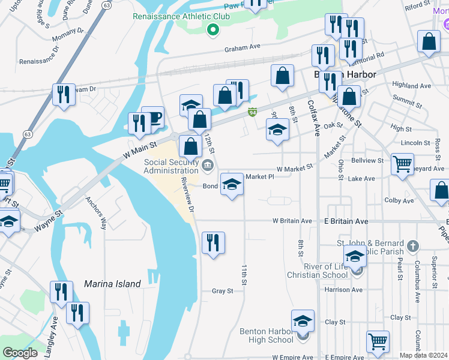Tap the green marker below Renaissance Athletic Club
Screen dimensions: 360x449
click(212, 29)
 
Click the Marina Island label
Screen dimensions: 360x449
click(112, 284)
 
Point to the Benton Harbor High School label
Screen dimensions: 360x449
click(266, 335)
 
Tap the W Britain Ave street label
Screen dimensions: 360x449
click(292, 221)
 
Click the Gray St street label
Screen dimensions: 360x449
click(222, 291)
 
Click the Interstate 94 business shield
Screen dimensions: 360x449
click(253, 112)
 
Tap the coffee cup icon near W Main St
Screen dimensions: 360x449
click(153, 116)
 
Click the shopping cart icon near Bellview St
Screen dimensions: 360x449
click(402, 163)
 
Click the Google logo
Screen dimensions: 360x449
click(20, 353)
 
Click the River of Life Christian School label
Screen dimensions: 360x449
click(317, 271)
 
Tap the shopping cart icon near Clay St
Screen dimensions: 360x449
click(378, 341)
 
